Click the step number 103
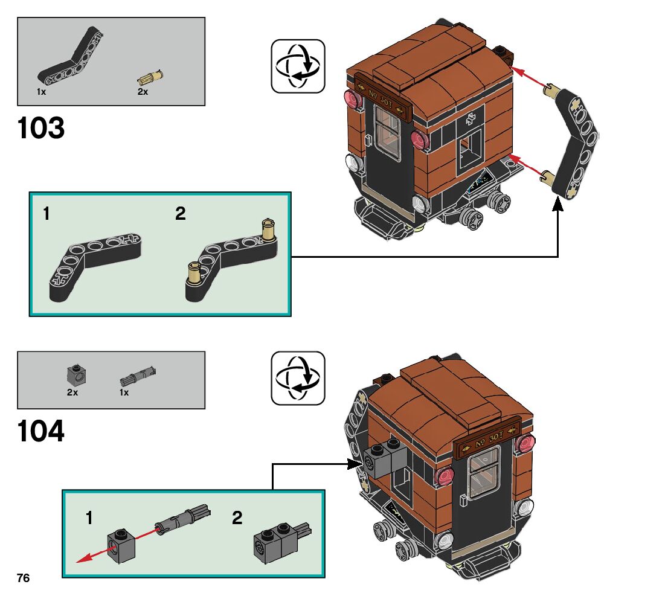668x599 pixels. (x=41, y=128)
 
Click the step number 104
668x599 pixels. (x=41, y=431)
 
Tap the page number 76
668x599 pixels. (x=23, y=578)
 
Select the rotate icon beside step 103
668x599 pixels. (x=298, y=66)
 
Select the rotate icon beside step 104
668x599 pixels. (x=298, y=378)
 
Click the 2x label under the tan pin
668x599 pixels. (x=143, y=92)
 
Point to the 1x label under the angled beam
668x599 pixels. (x=41, y=92)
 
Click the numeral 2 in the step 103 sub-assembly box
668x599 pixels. (x=181, y=214)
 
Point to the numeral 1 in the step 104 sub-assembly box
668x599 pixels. (x=89, y=517)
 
